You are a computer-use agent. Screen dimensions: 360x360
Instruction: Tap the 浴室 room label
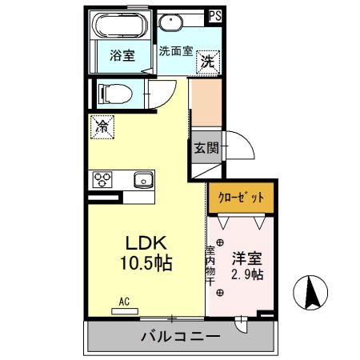pyautogui.click(x=122, y=56)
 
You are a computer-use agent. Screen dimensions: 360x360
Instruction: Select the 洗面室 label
pyautogui.click(x=174, y=51)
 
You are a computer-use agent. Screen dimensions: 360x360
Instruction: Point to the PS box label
pyautogui.click(x=215, y=14)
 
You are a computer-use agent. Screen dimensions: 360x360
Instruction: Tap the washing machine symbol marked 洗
pyautogui.click(x=207, y=60)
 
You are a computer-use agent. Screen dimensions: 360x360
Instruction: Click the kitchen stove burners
pyautogui.click(x=103, y=178)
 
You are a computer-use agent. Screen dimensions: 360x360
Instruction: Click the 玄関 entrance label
pyautogui.click(x=203, y=148)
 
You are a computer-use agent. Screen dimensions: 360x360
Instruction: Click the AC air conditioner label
pyautogui.click(x=124, y=301)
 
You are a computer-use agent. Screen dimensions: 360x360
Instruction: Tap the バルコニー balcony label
pyautogui.click(x=181, y=337)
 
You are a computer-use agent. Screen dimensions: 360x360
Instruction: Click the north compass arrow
pyautogui.click(x=313, y=294)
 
